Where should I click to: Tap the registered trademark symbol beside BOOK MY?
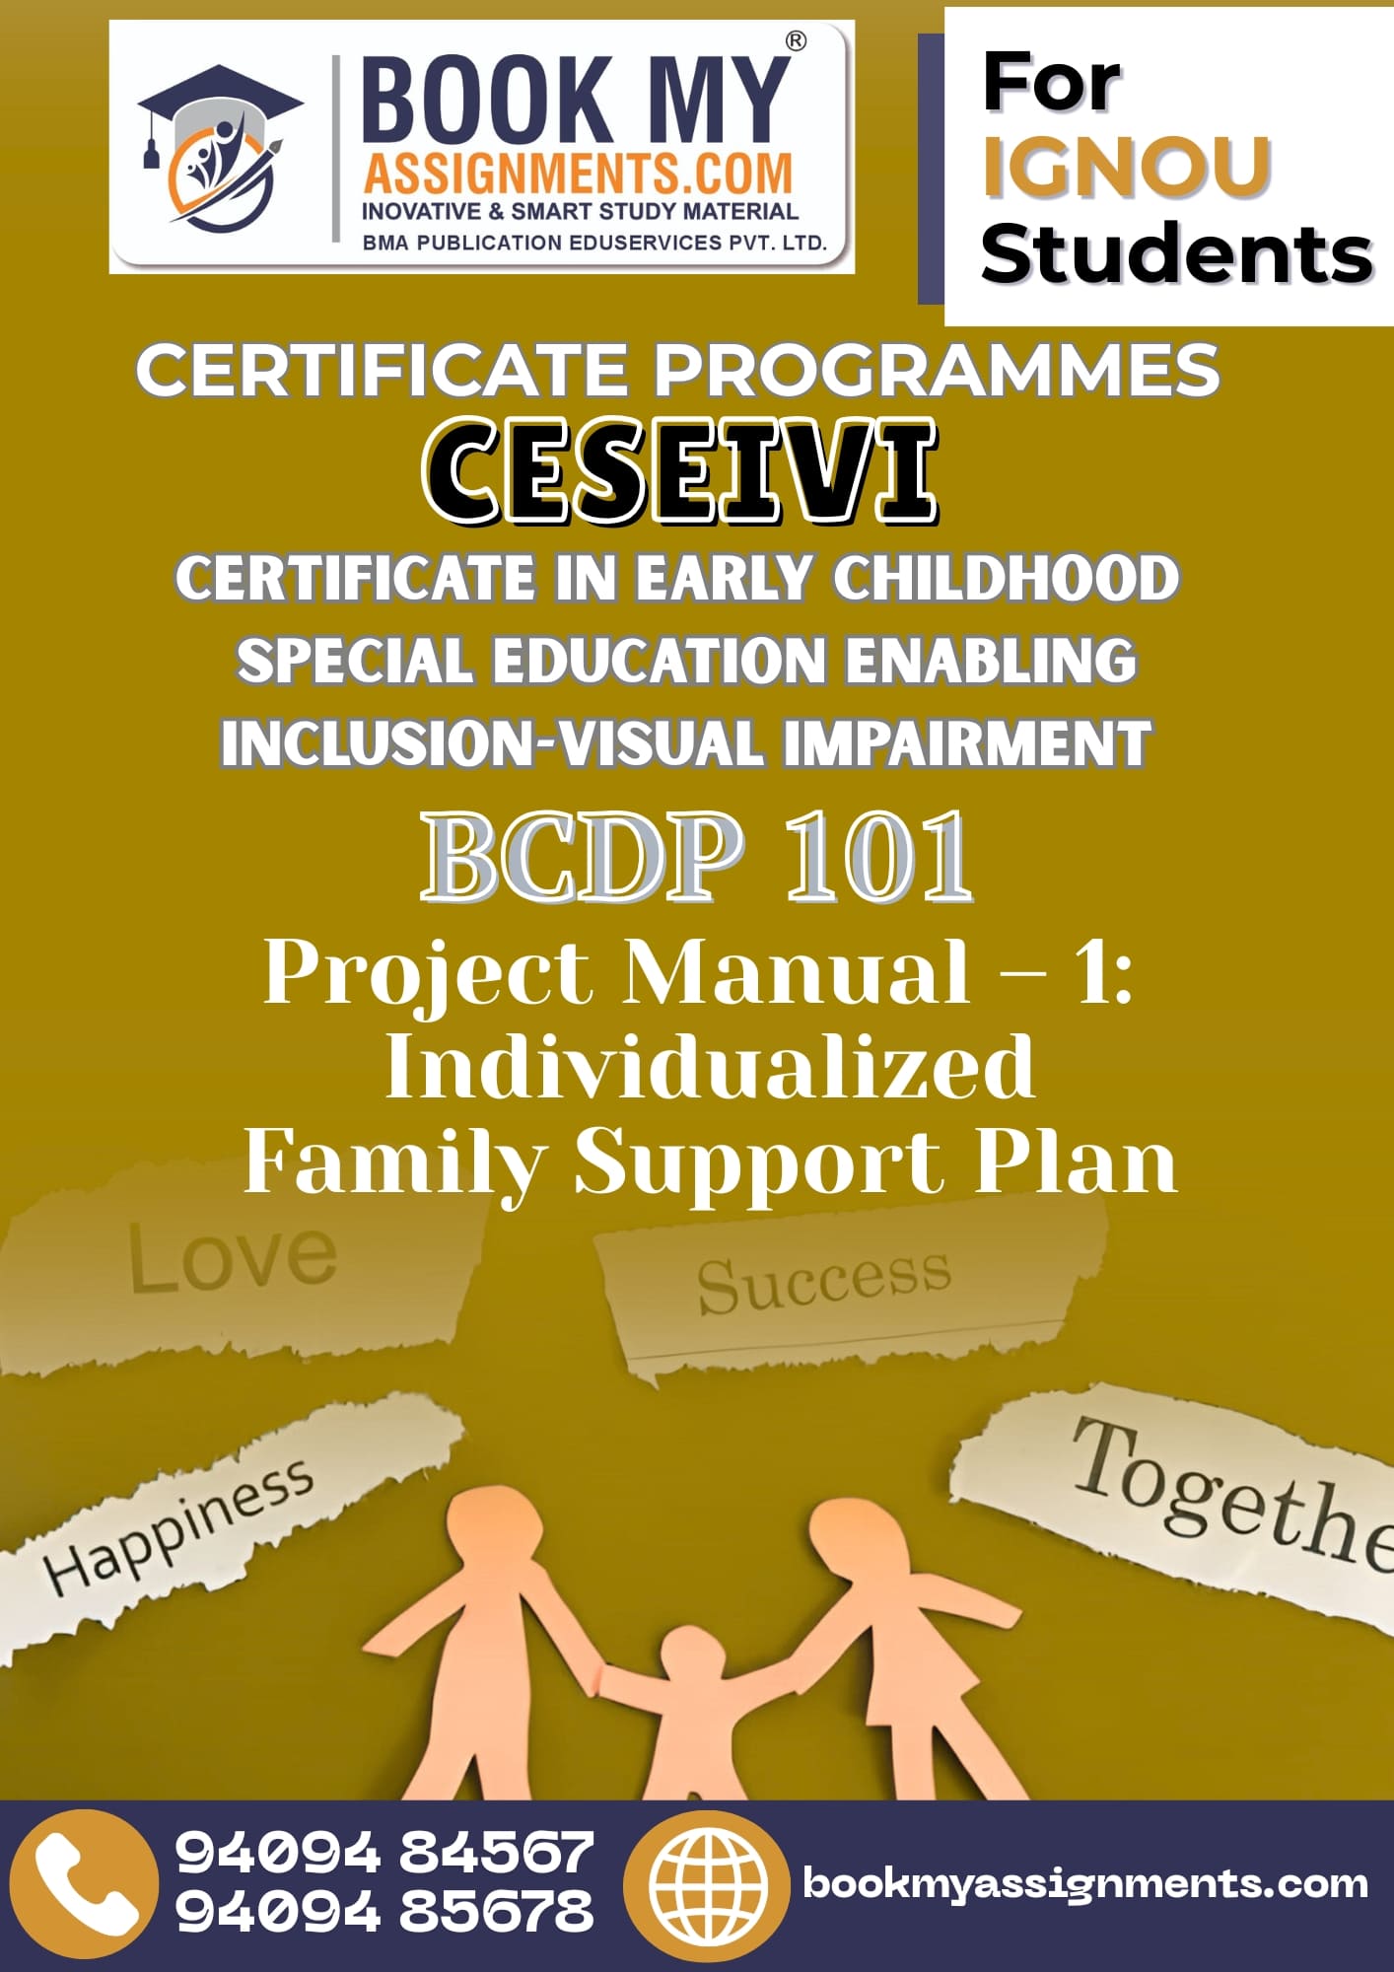pos(795,40)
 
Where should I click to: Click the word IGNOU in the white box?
pos(1126,167)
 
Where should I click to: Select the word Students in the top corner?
pos(1177,252)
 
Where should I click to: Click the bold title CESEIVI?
pos(680,471)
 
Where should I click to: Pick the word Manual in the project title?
pos(797,973)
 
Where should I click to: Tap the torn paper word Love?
pos(233,1256)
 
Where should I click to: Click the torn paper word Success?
pos(824,1283)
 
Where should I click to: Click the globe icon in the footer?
pos(706,1884)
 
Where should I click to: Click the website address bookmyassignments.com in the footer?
pos(1085,1884)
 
